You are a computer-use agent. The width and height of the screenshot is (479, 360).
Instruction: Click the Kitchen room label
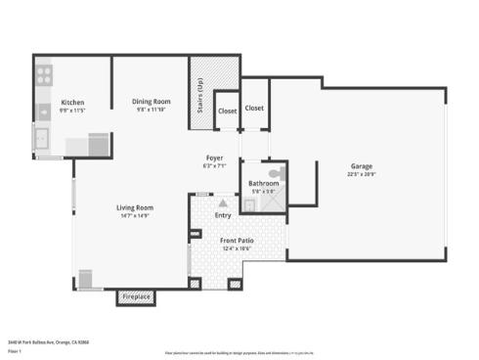click(x=72, y=102)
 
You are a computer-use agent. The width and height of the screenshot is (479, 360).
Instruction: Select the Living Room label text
click(x=135, y=207)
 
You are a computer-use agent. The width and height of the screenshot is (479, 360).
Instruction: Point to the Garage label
click(x=362, y=166)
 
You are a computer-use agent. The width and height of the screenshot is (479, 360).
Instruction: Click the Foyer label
click(x=214, y=157)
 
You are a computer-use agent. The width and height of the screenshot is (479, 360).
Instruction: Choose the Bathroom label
click(x=263, y=183)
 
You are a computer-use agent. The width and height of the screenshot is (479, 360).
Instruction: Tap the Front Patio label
click(x=237, y=240)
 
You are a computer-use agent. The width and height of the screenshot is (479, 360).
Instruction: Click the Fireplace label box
click(x=136, y=295)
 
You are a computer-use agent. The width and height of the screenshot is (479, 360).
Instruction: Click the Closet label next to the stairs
click(x=227, y=111)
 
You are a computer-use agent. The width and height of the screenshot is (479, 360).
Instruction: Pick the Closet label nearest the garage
click(x=254, y=108)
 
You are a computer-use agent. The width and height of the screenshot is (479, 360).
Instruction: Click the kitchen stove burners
click(x=43, y=72)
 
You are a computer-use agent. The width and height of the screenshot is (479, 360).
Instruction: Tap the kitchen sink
click(x=41, y=137)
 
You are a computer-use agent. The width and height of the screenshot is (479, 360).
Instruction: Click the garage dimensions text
click(x=362, y=175)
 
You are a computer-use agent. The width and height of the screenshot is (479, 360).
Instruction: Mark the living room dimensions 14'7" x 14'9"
click(x=135, y=215)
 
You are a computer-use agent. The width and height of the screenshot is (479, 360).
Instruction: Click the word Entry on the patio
click(x=223, y=215)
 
